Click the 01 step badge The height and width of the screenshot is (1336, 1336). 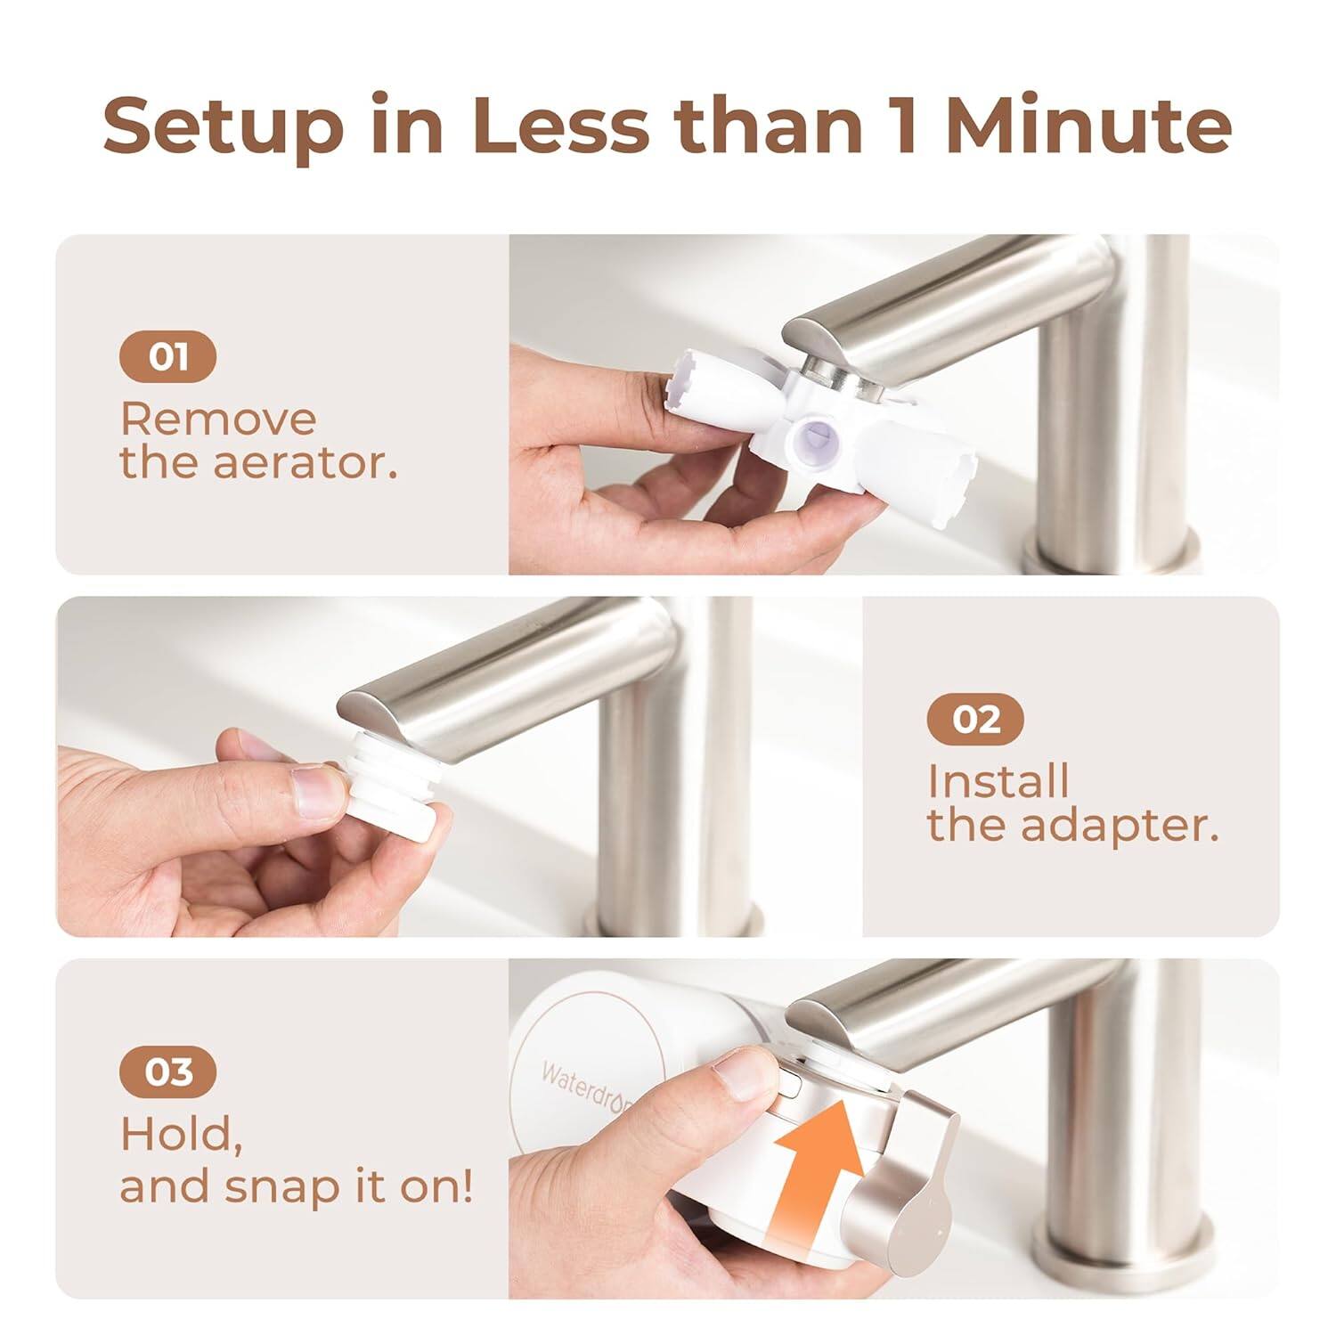(x=167, y=357)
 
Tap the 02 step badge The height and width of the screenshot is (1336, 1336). (x=975, y=719)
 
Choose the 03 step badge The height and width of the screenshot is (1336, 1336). (x=167, y=1071)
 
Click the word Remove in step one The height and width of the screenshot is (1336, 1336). (x=218, y=419)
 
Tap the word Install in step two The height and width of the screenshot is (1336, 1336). (x=998, y=782)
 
